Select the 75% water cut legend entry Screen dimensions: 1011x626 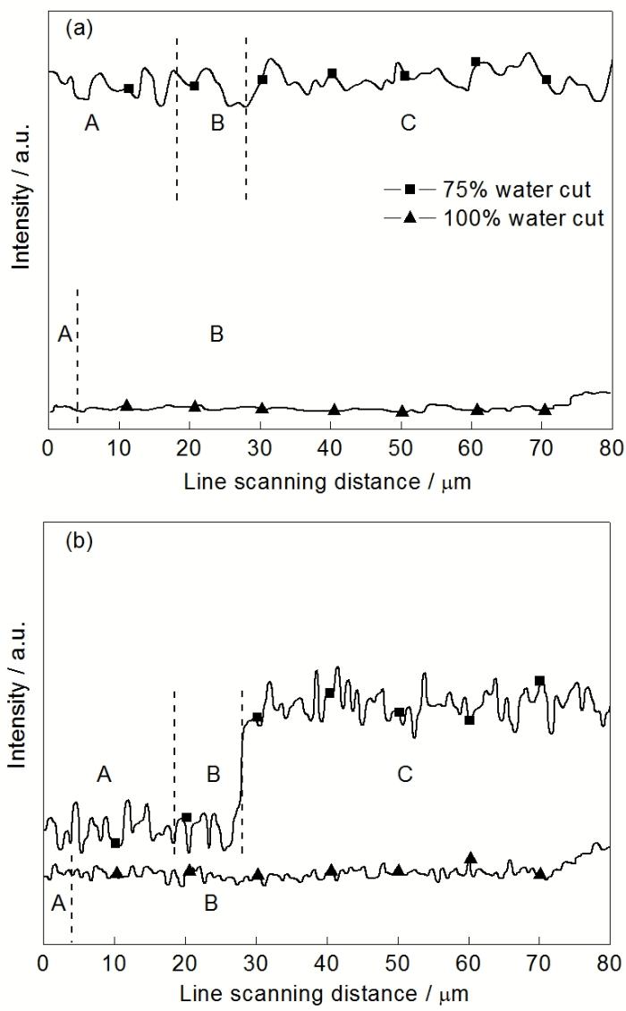click(x=501, y=190)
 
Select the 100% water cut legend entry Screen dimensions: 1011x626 click(x=501, y=217)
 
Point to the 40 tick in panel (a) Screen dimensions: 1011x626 click(x=332, y=447)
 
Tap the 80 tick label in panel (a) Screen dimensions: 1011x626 click(x=611, y=447)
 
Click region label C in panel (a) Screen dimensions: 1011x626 click(x=408, y=123)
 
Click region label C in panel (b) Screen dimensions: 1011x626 click(x=404, y=774)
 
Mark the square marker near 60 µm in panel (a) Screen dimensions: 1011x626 click(x=476, y=62)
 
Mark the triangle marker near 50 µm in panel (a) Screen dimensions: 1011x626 click(x=402, y=411)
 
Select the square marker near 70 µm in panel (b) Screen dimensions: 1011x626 click(x=539, y=681)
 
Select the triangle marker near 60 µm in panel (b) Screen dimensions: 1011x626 click(x=470, y=858)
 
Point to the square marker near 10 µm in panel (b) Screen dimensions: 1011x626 click(x=115, y=843)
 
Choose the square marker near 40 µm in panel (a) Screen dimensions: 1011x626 click(x=332, y=73)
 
